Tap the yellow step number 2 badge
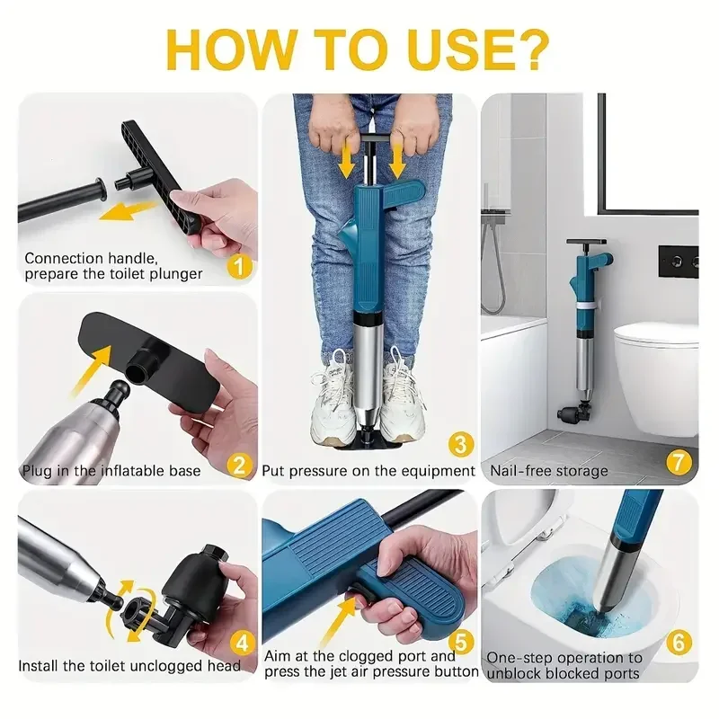click(239, 466)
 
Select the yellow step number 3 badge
click(460, 444)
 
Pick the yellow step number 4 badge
click(242, 644)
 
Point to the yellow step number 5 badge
click(461, 642)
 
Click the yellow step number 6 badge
click(679, 643)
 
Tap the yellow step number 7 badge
click(679, 462)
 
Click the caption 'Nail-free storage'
click(549, 471)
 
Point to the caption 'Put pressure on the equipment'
click(368, 471)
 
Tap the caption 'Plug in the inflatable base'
click(111, 471)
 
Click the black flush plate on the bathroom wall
click(679, 262)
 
